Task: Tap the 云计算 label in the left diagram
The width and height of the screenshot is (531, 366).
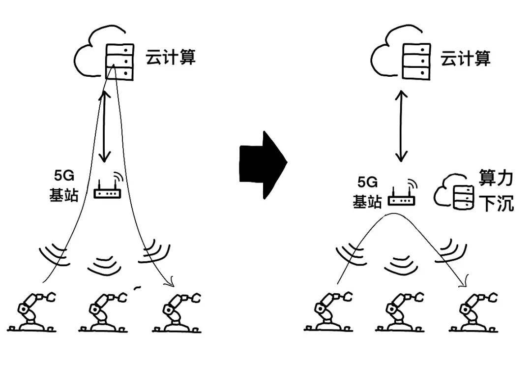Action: [x=171, y=57]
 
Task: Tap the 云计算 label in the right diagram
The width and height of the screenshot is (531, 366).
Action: [x=465, y=59]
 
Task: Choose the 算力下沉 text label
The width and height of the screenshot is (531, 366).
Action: [x=496, y=191]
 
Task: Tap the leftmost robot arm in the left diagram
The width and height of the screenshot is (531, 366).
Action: [x=34, y=313]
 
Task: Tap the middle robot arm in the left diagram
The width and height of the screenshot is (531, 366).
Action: [x=105, y=313]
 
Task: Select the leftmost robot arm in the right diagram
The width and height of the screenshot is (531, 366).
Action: [x=329, y=313]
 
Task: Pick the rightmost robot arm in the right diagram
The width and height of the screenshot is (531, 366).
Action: [x=473, y=313]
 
